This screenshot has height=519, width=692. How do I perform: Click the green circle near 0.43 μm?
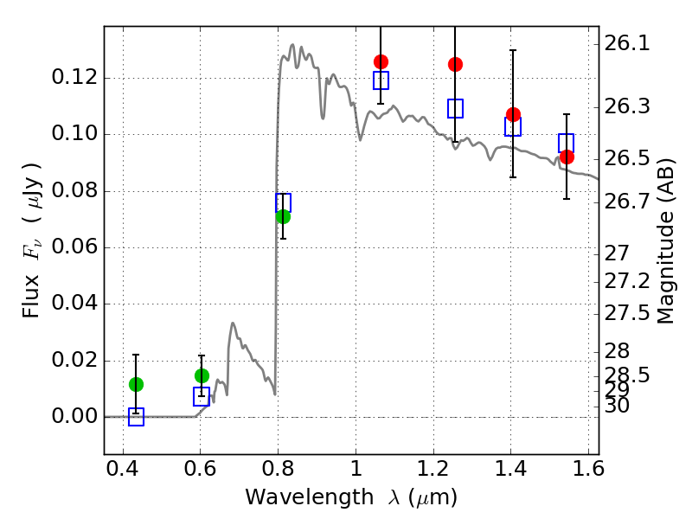point(136,384)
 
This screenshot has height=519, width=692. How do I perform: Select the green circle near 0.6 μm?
point(202,376)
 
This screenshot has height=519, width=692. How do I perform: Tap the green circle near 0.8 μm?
point(284,217)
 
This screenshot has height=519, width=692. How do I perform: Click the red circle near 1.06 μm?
point(381,61)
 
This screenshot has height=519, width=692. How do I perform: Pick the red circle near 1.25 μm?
point(456,64)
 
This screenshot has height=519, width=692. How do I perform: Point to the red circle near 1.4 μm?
point(513,115)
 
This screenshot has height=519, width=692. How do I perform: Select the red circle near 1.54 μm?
point(567,157)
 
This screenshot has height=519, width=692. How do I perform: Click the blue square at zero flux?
point(136,417)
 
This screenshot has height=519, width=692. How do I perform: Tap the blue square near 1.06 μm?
point(381,80)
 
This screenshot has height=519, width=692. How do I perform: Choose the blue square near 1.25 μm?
point(456,109)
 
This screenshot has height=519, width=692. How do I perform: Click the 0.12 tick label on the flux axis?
point(74,77)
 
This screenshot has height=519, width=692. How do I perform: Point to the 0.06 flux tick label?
point(74,247)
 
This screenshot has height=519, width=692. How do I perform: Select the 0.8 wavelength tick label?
point(278,469)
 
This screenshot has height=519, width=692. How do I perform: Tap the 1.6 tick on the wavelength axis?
point(588,469)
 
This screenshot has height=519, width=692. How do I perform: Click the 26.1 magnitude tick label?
point(626,44)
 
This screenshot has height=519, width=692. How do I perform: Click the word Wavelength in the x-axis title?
point(310,497)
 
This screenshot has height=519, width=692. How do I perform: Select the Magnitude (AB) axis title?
point(665,241)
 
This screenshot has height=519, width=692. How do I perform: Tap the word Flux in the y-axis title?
point(31,296)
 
